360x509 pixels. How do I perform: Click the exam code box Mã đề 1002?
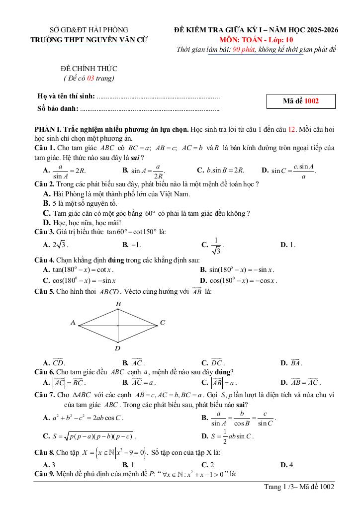pyautogui.click(x=301, y=101)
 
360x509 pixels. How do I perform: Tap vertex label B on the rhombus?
pyautogui.click(x=118, y=304)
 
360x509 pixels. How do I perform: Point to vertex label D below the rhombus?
pyautogui.click(x=118, y=348)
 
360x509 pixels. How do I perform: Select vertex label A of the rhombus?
pyautogui.click(x=73, y=323)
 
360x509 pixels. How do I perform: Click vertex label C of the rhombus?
pyautogui.click(x=162, y=323)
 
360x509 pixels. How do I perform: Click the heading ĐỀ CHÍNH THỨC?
pyautogui.click(x=89, y=69)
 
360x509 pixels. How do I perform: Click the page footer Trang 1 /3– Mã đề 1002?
pyautogui.click(x=299, y=487)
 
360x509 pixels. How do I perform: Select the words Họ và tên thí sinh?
pyautogui.click(x=66, y=96)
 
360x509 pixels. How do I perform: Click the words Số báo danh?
pyautogui.click(x=58, y=108)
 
